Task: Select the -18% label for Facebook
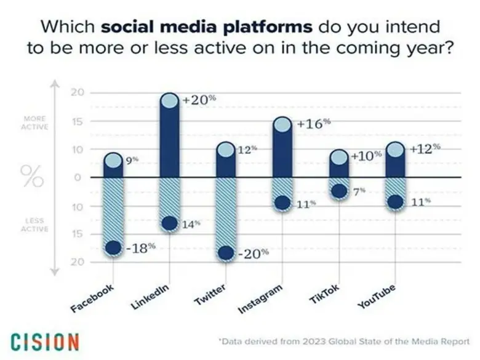pyautogui.click(x=140, y=248)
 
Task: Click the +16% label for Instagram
pyautogui.click(x=313, y=123)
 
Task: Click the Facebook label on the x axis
pyautogui.click(x=94, y=298)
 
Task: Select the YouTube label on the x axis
pyautogui.click(x=377, y=297)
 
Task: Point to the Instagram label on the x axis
pyautogui.click(x=261, y=299)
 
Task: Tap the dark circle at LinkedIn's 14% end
pyautogui.click(x=169, y=223)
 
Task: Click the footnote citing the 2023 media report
pyautogui.click(x=344, y=341)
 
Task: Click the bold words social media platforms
pyautogui.click(x=207, y=27)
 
